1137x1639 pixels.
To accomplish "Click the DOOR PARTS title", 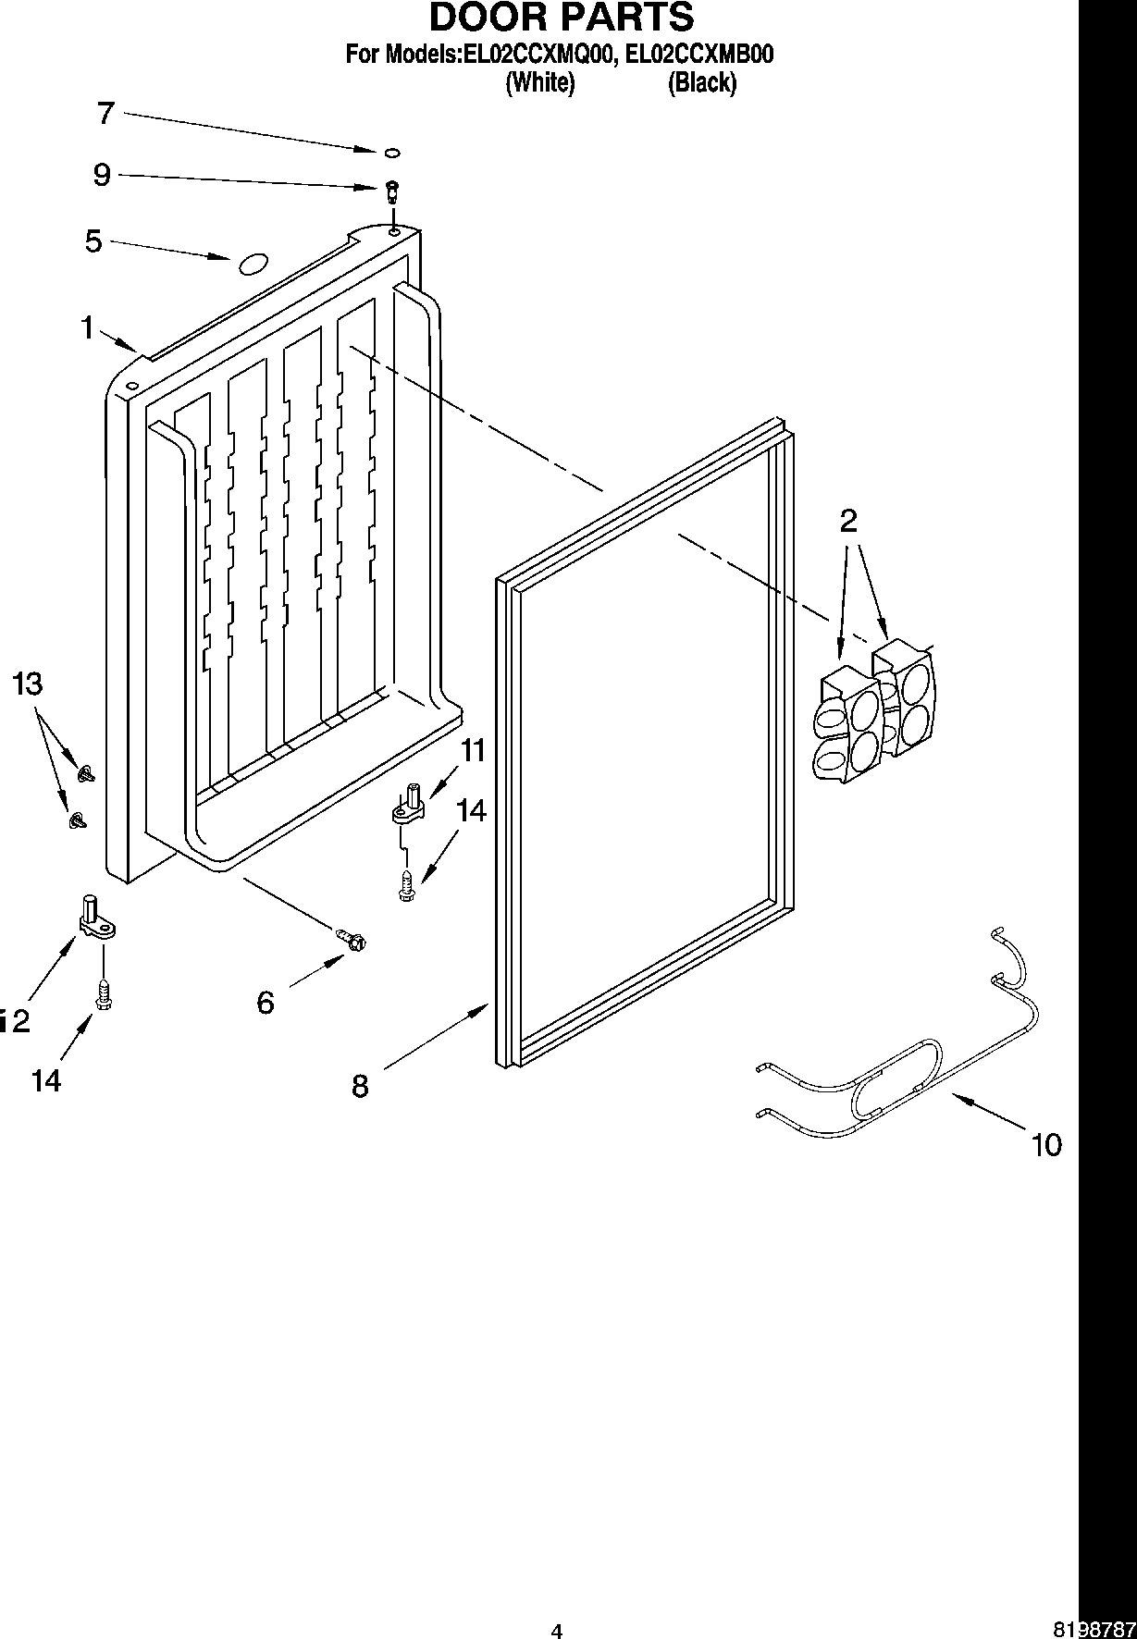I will point(561,18).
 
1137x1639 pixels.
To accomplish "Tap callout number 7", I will point(105,114).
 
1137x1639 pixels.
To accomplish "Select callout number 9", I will point(102,175).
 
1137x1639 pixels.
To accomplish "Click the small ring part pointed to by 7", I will point(392,152).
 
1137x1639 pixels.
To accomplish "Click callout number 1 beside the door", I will point(87,327).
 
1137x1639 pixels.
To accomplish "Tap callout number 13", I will point(28,684).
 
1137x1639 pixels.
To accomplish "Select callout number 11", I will point(473,750).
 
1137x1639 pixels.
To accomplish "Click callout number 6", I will point(266,1002).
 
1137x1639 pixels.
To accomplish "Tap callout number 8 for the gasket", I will point(360,1085).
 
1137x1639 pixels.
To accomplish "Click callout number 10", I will point(1046,1145).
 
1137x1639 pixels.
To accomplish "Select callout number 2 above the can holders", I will point(848,521).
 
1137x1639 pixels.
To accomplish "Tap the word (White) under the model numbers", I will point(540,82).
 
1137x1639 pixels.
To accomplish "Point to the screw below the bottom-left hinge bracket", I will point(104,995).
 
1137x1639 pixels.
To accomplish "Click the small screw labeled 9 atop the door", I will point(392,190).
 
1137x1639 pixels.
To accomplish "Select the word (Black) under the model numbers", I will point(702,82).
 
